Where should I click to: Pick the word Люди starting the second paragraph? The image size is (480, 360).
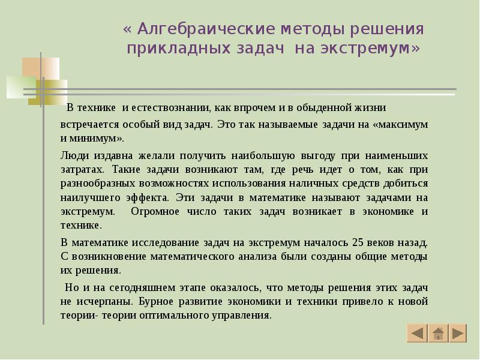pyautogui.click(x=73, y=154)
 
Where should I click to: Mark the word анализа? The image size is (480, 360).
pyautogui.click(x=257, y=256)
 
